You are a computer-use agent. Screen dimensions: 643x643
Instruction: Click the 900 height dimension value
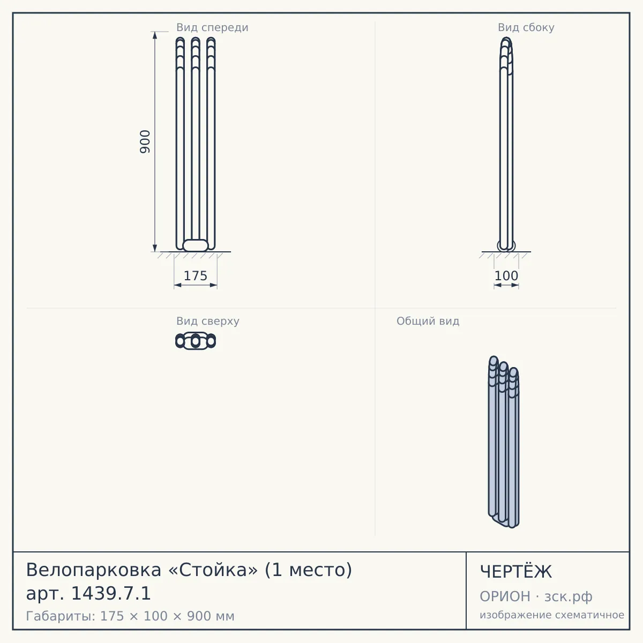click(145, 142)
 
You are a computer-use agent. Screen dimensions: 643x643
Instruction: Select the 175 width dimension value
click(196, 276)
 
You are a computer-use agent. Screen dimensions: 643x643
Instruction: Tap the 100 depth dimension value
click(506, 276)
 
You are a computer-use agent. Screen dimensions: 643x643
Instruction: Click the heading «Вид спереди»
click(212, 27)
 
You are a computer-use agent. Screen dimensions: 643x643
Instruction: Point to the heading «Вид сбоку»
click(526, 27)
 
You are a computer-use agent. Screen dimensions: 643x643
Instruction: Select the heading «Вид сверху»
click(207, 321)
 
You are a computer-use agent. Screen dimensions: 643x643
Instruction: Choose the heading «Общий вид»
click(428, 321)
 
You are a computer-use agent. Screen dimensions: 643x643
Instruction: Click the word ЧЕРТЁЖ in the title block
click(515, 572)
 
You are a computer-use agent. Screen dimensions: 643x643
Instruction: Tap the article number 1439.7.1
click(111, 594)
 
